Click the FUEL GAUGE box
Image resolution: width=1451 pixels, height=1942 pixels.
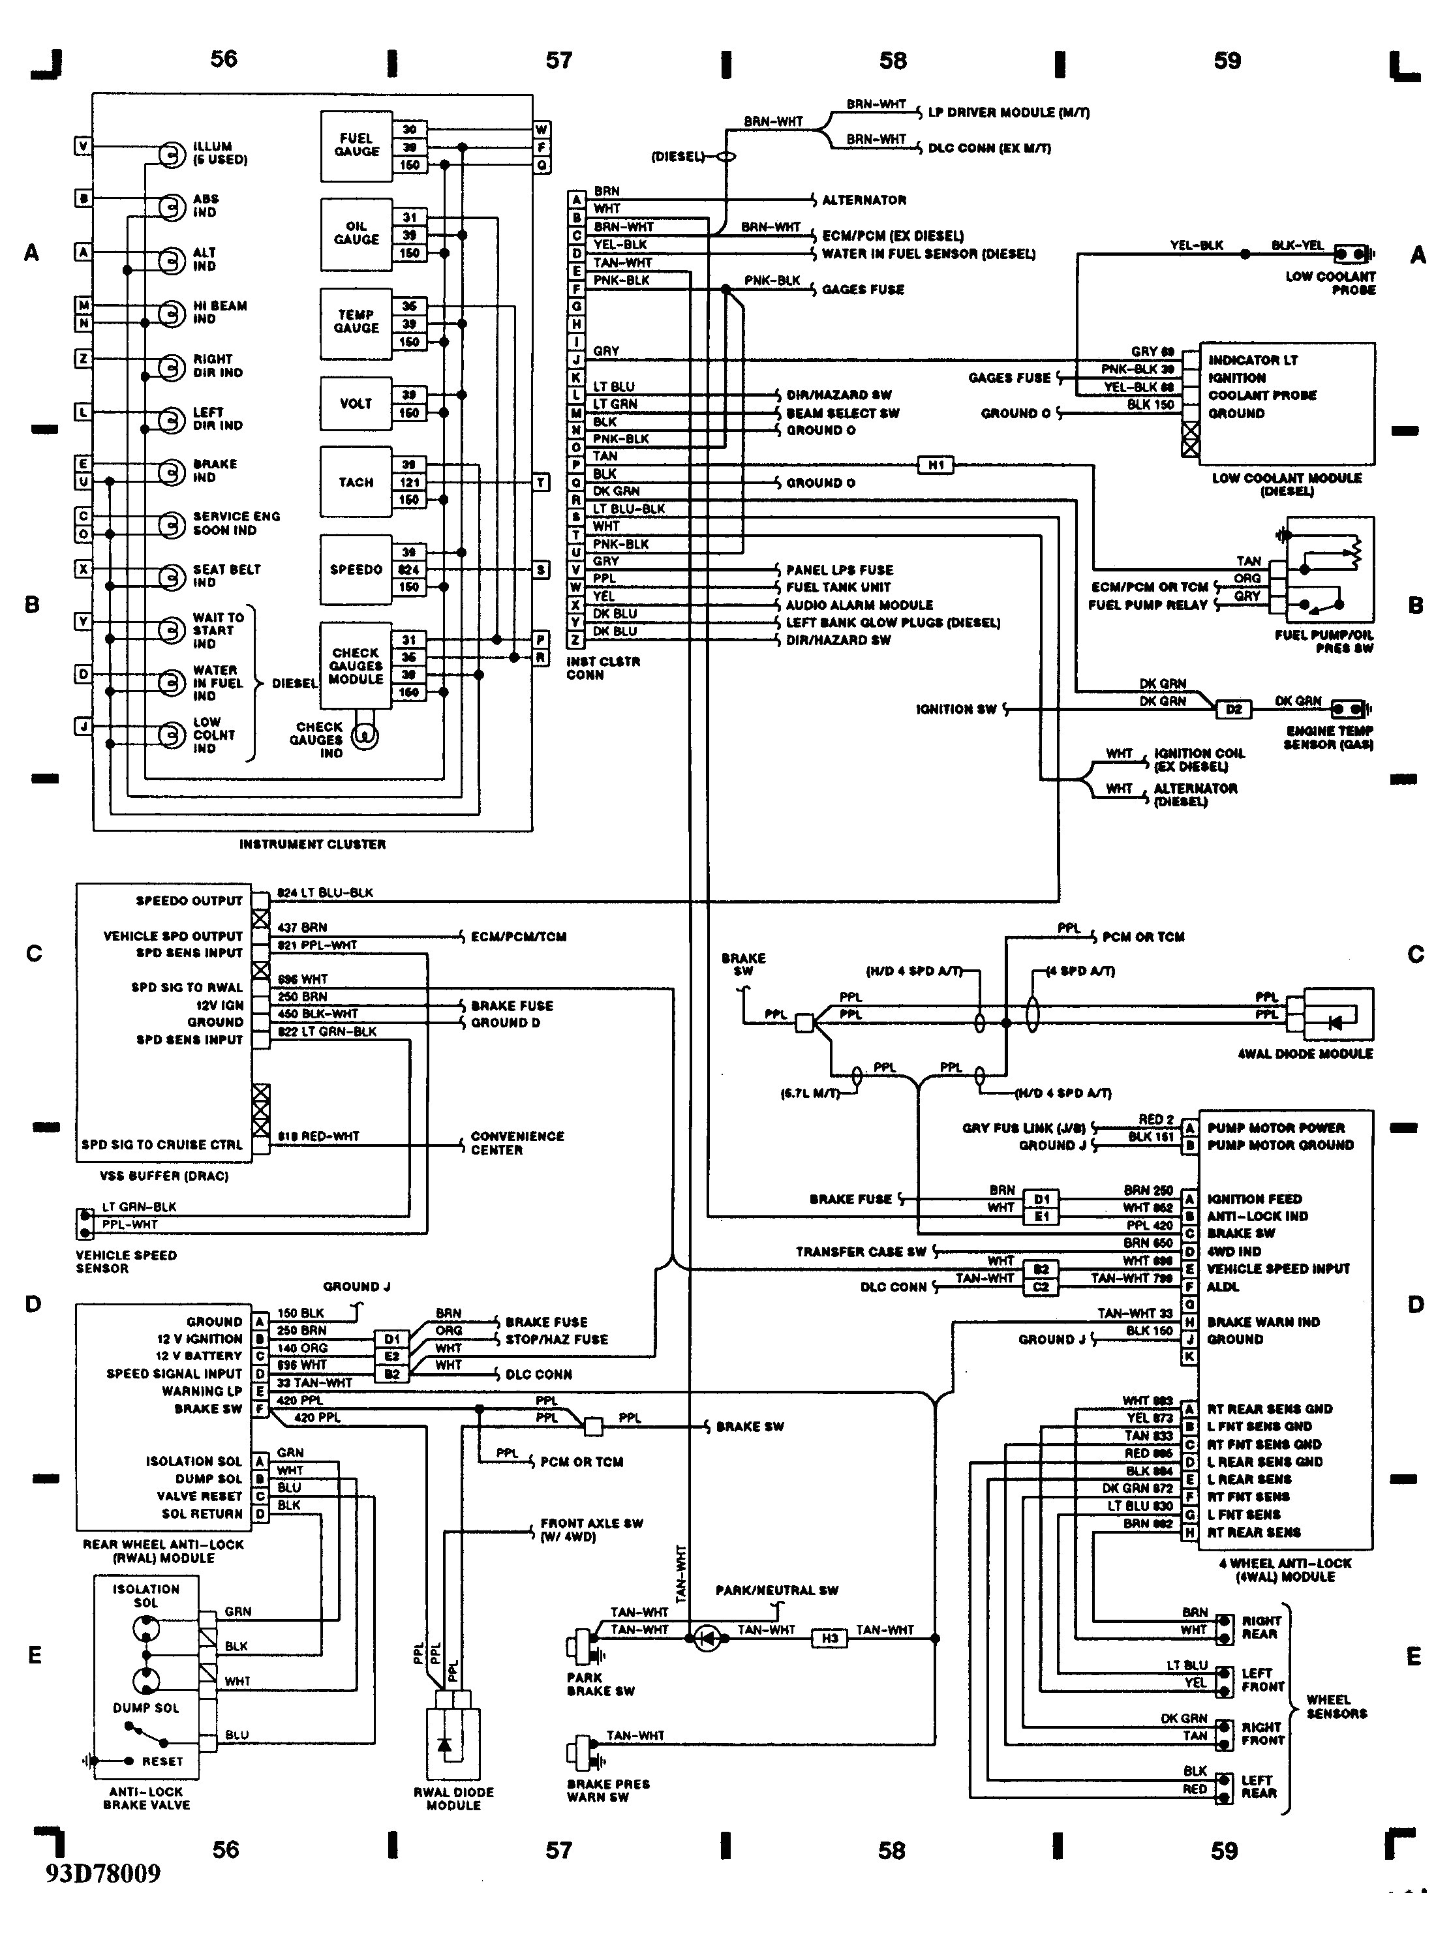tap(356, 145)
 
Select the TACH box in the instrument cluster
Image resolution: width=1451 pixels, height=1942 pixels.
tap(356, 482)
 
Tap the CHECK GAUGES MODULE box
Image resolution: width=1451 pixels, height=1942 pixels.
tap(356, 665)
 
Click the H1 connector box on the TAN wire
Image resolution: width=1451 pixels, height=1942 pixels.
tap(936, 465)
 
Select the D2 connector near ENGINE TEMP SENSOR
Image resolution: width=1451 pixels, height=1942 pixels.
tap(1233, 709)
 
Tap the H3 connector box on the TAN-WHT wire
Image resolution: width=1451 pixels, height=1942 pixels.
tap(830, 1638)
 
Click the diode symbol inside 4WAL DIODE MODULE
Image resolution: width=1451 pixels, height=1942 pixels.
tap(1335, 1023)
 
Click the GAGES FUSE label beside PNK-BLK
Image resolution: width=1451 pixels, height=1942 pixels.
tap(863, 290)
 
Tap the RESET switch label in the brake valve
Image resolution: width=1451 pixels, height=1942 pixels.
tap(162, 1761)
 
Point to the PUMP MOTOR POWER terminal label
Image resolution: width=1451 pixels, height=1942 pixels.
tap(1275, 1128)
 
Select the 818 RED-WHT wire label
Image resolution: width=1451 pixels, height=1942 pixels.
tap(318, 1136)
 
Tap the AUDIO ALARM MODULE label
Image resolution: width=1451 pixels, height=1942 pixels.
tap(859, 605)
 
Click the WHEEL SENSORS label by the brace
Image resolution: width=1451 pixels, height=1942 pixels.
tap(1336, 1707)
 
